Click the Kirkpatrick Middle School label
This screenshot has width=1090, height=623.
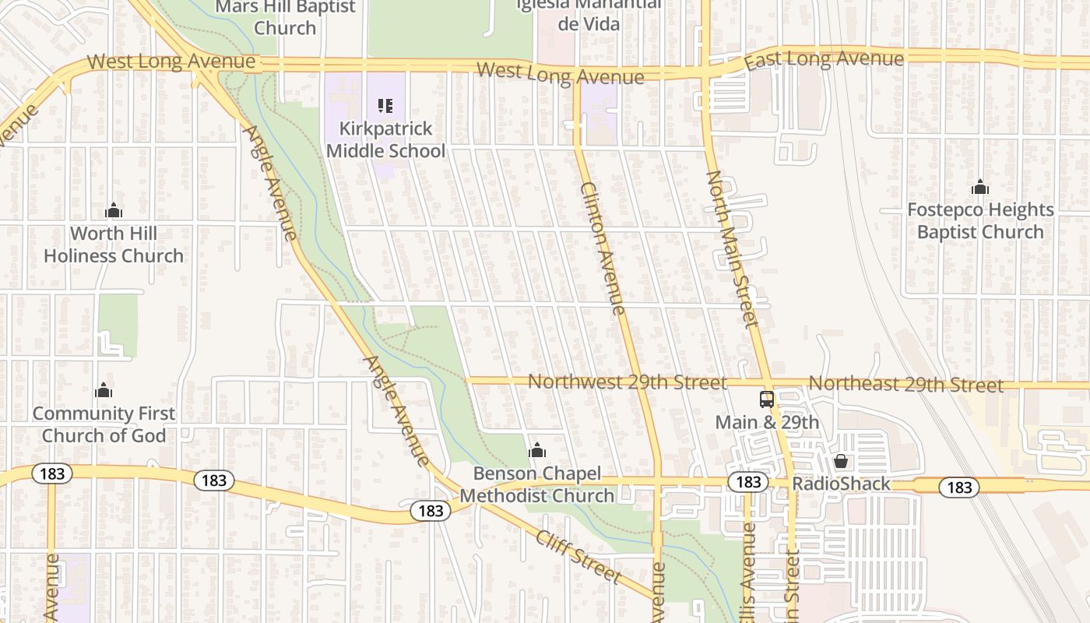[385, 139]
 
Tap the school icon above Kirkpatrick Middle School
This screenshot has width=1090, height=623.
[385, 105]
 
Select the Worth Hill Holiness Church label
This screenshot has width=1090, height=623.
[114, 245]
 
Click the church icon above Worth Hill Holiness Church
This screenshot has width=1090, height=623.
[114, 210]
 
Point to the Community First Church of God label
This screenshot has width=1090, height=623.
[104, 424]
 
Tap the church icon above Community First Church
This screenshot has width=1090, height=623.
[103, 390]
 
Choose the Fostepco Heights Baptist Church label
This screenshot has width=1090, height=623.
[980, 220]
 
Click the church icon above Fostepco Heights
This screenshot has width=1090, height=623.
[980, 187]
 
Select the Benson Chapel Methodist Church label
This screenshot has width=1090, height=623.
[537, 484]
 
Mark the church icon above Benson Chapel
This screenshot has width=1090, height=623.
[537, 450]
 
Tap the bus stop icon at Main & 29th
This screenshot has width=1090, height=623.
[767, 399]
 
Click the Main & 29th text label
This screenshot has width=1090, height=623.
[767, 422]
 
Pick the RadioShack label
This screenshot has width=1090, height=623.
[841, 484]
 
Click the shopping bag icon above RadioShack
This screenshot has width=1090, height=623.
[841, 461]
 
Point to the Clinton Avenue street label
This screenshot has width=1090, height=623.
[603, 248]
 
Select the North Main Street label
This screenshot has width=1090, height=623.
[732, 249]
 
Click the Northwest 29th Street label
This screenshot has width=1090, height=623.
[627, 382]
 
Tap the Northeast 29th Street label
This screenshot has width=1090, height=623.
[905, 384]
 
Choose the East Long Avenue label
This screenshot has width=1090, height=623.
[824, 59]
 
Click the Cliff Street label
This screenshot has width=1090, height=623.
[578, 556]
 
